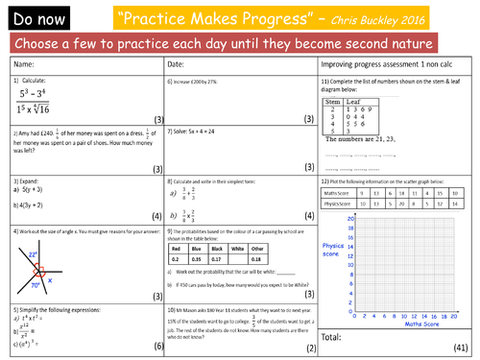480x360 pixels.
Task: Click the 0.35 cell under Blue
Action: pos(200,258)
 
